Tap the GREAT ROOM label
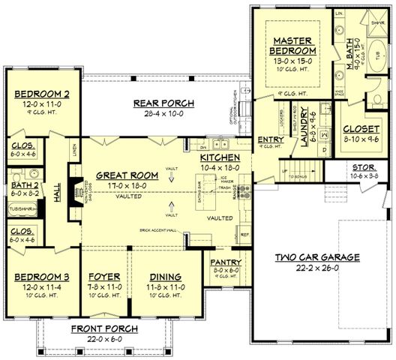[127, 175]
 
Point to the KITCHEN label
[220, 157]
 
